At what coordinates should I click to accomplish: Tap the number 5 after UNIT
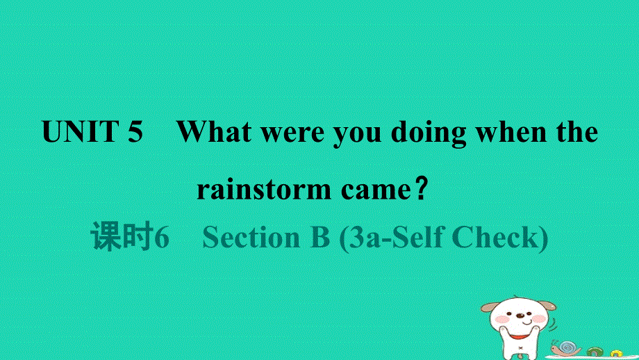[135, 132]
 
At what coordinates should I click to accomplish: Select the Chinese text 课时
[122, 238]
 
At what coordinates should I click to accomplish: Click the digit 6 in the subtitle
[161, 238]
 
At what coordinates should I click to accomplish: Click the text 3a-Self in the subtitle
[395, 238]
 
